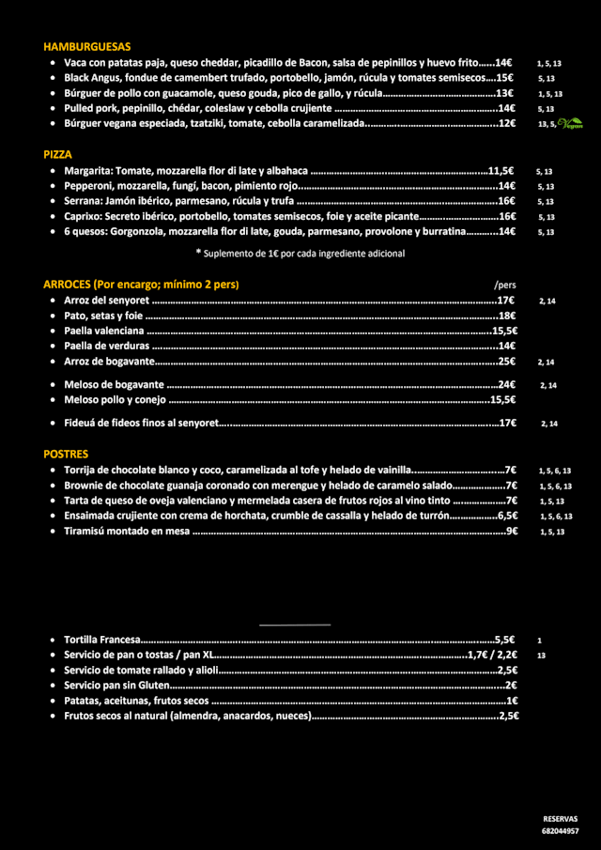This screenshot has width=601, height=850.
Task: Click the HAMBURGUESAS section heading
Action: click(86, 46)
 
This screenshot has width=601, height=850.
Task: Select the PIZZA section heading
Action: click(57, 154)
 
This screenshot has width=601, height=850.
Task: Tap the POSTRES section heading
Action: click(66, 454)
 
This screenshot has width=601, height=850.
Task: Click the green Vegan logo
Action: click(570, 123)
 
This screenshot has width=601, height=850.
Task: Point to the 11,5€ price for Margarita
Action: click(501, 171)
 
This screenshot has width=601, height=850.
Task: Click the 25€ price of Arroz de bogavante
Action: click(507, 362)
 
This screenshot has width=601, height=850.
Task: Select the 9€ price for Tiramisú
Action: click(512, 532)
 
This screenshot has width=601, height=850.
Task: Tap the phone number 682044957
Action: click(560, 831)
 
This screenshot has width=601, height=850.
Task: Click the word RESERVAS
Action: click(560, 819)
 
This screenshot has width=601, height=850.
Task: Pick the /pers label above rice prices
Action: click(504, 285)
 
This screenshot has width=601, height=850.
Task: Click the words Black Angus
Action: click(89, 78)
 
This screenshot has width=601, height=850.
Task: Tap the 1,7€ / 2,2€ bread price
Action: click(492, 655)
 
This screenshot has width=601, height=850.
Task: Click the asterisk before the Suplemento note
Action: click(198, 252)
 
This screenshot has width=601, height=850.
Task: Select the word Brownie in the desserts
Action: click(85, 486)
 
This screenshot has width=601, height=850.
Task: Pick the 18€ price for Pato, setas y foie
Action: click(507, 316)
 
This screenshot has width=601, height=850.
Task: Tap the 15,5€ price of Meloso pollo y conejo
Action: click(502, 399)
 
